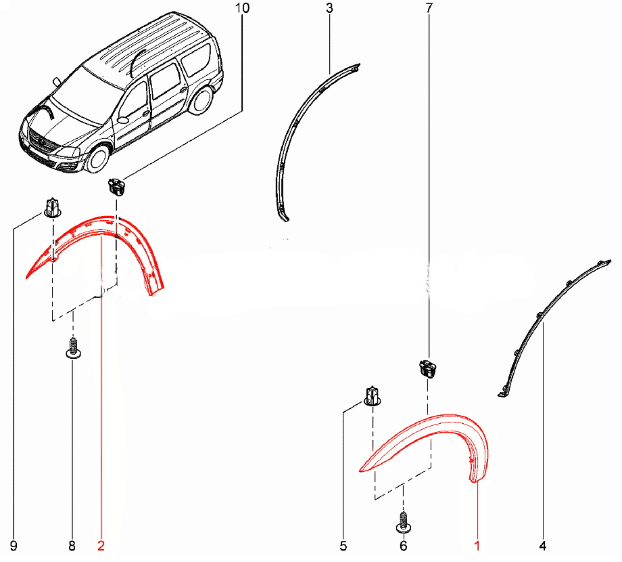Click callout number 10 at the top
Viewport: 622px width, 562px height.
242,8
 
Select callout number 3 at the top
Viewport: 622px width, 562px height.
330,8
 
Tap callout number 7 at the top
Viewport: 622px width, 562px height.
429,8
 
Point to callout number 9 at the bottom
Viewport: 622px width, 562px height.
14,546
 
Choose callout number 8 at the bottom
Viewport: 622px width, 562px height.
72,546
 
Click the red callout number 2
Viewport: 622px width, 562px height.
101,546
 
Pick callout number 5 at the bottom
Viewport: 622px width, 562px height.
343,546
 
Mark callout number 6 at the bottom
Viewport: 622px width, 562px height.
404,546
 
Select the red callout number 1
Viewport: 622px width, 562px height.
477,546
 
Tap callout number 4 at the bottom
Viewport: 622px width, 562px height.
543,546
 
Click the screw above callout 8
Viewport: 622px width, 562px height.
73,348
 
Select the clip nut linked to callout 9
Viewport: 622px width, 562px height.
52,207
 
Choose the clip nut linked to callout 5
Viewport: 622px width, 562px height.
373,396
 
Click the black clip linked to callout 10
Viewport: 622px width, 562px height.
116,187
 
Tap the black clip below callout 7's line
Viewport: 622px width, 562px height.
427,368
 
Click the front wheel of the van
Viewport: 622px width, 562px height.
98,158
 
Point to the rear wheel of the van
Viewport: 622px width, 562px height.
201,100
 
